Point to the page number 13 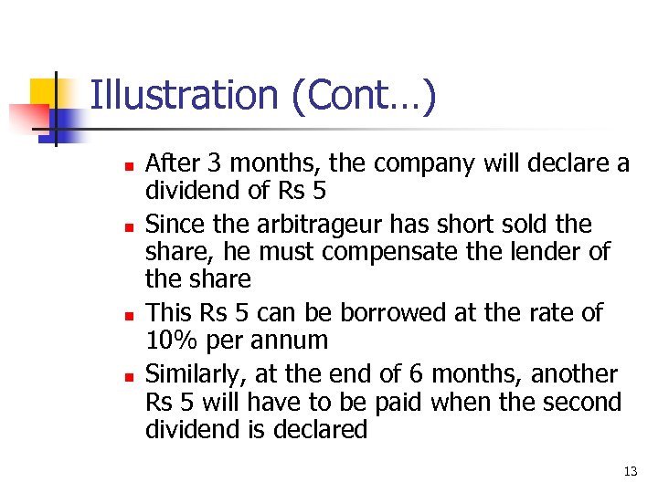(x=630, y=471)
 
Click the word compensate (x=419, y=252)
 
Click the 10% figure (x=171, y=341)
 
